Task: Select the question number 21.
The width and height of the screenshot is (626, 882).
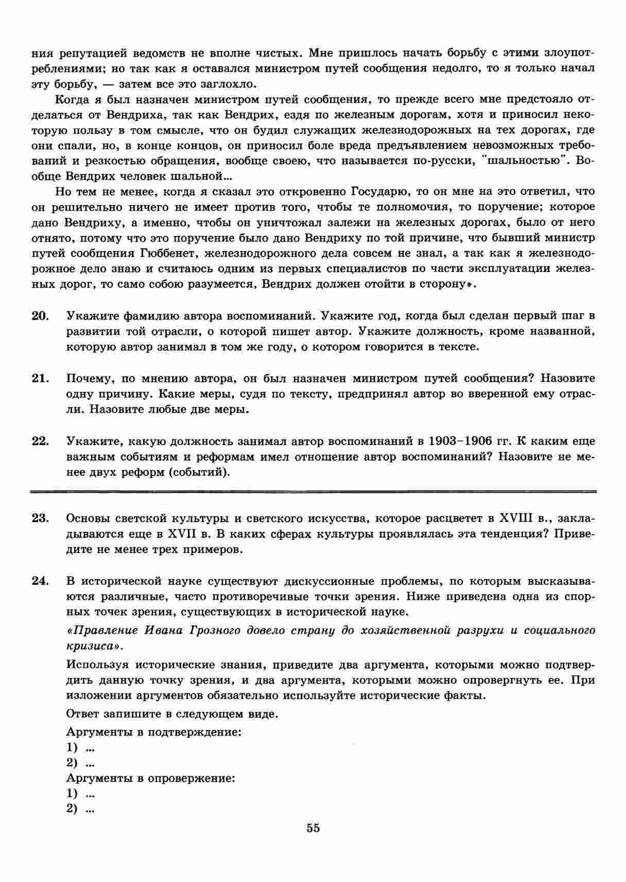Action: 40,378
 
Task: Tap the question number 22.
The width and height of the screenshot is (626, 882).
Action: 40,441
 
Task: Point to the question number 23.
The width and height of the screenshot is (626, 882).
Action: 40,518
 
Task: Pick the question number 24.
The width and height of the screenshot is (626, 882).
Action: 40,581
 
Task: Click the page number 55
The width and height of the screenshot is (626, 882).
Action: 313,828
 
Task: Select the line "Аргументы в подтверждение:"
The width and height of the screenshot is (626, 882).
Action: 154,732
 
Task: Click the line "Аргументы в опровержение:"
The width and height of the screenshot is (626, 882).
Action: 151,778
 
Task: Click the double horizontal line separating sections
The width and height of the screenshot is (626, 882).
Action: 313,491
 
